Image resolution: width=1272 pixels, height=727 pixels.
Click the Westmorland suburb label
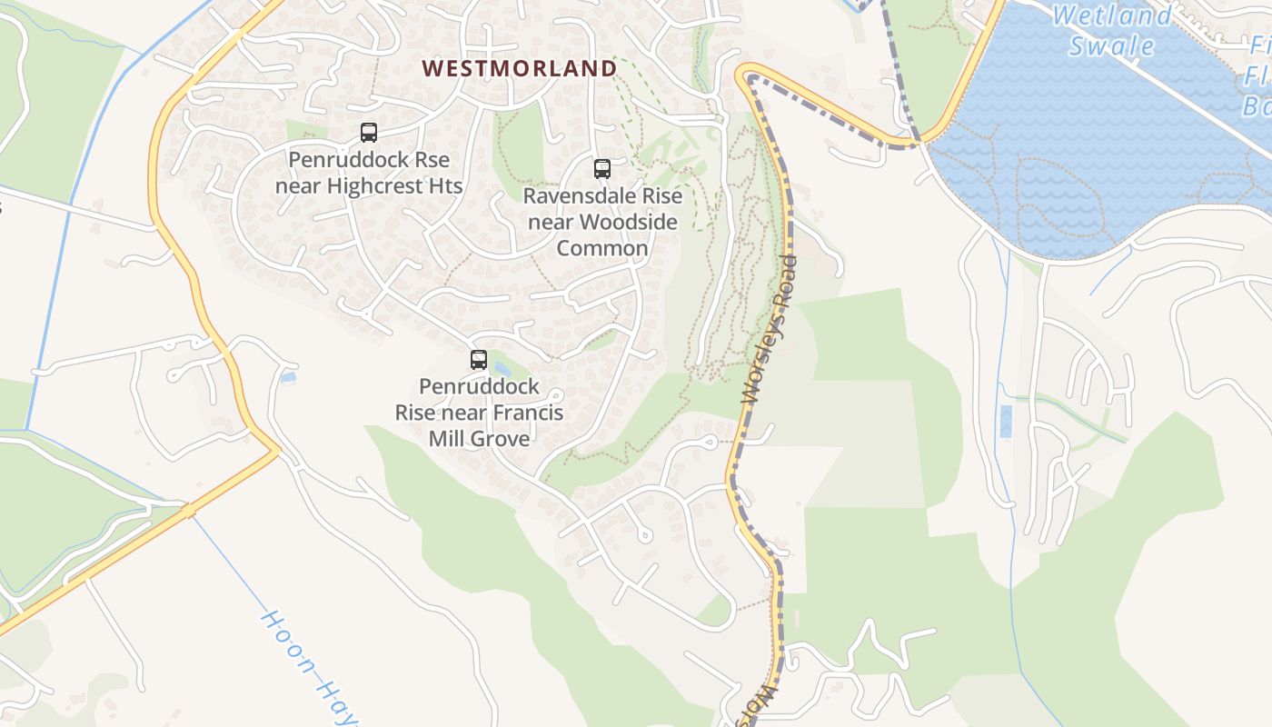tap(520, 68)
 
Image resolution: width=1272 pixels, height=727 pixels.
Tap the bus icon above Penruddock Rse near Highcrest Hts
tap(368, 133)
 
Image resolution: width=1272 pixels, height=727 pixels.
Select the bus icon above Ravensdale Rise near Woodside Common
tap(601, 168)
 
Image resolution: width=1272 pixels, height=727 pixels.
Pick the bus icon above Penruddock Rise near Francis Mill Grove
tap(479, 359)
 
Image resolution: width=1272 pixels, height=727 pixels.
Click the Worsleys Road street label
tap(770, 331)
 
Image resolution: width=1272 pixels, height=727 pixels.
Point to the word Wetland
tap(1112, 15)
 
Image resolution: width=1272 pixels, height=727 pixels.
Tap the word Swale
tap(1111, 45)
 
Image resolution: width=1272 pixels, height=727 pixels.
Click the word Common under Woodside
tap(602, 248)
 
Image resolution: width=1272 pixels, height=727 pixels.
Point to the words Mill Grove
tap(479, 439)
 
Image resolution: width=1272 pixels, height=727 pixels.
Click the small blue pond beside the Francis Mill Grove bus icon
tap(500, 368)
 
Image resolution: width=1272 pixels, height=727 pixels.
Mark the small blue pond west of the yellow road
tap(288, 377)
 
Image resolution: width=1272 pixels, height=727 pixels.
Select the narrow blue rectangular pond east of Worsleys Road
tap(1005, 422)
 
